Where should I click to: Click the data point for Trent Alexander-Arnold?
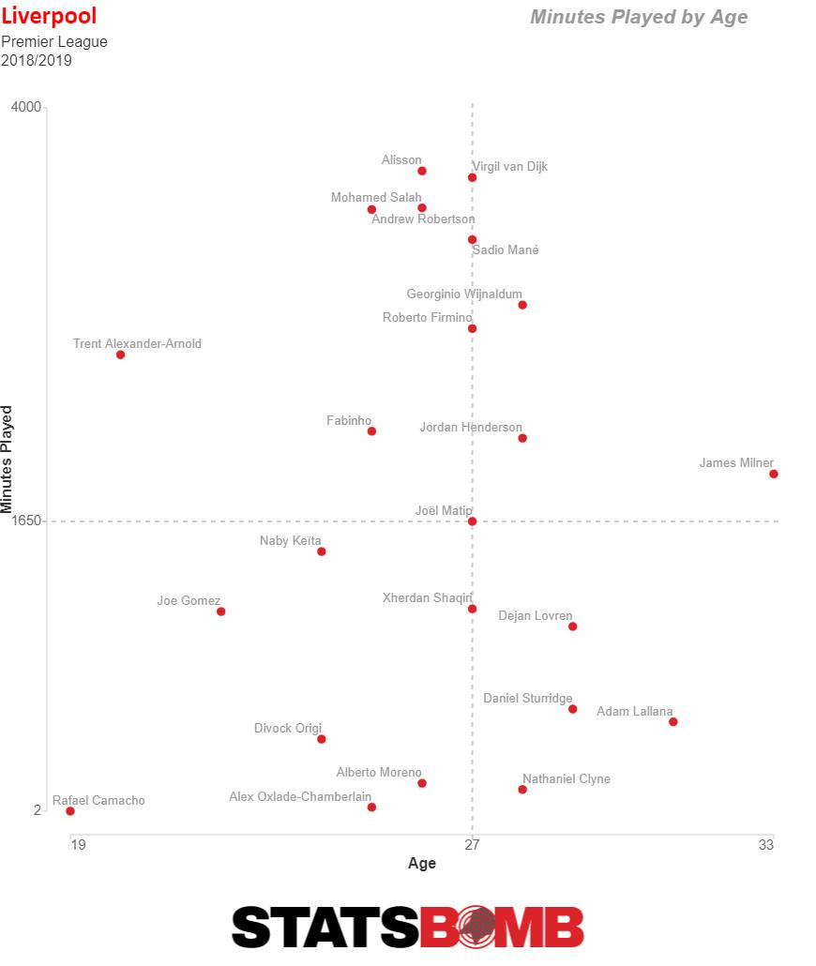click(120, 355)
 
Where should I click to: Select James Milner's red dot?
click(773, 474)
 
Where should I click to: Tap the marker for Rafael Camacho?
click(70, 811)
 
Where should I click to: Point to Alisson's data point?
click(422, 171)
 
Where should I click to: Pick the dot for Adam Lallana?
click(672, 721)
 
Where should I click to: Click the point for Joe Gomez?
click(221, 611)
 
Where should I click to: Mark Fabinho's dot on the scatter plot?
click(371, 431)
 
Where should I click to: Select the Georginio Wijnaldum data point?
click(522, 305)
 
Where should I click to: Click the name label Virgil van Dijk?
click(509, 167)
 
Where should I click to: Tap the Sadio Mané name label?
click(506, 250)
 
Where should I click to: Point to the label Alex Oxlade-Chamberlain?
click(300, 797)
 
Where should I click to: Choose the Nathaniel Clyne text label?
click(567, 779)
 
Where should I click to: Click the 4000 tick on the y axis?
click(26, 107)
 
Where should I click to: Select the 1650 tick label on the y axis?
click(26, 521)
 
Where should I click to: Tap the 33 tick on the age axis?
click(766, 845)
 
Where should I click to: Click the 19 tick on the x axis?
click(78, 845)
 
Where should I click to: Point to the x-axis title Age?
click(422, 864)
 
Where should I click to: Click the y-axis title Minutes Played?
click(8, 460)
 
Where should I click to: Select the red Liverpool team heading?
click(49, 16)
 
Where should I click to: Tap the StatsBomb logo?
click(408, 927)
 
